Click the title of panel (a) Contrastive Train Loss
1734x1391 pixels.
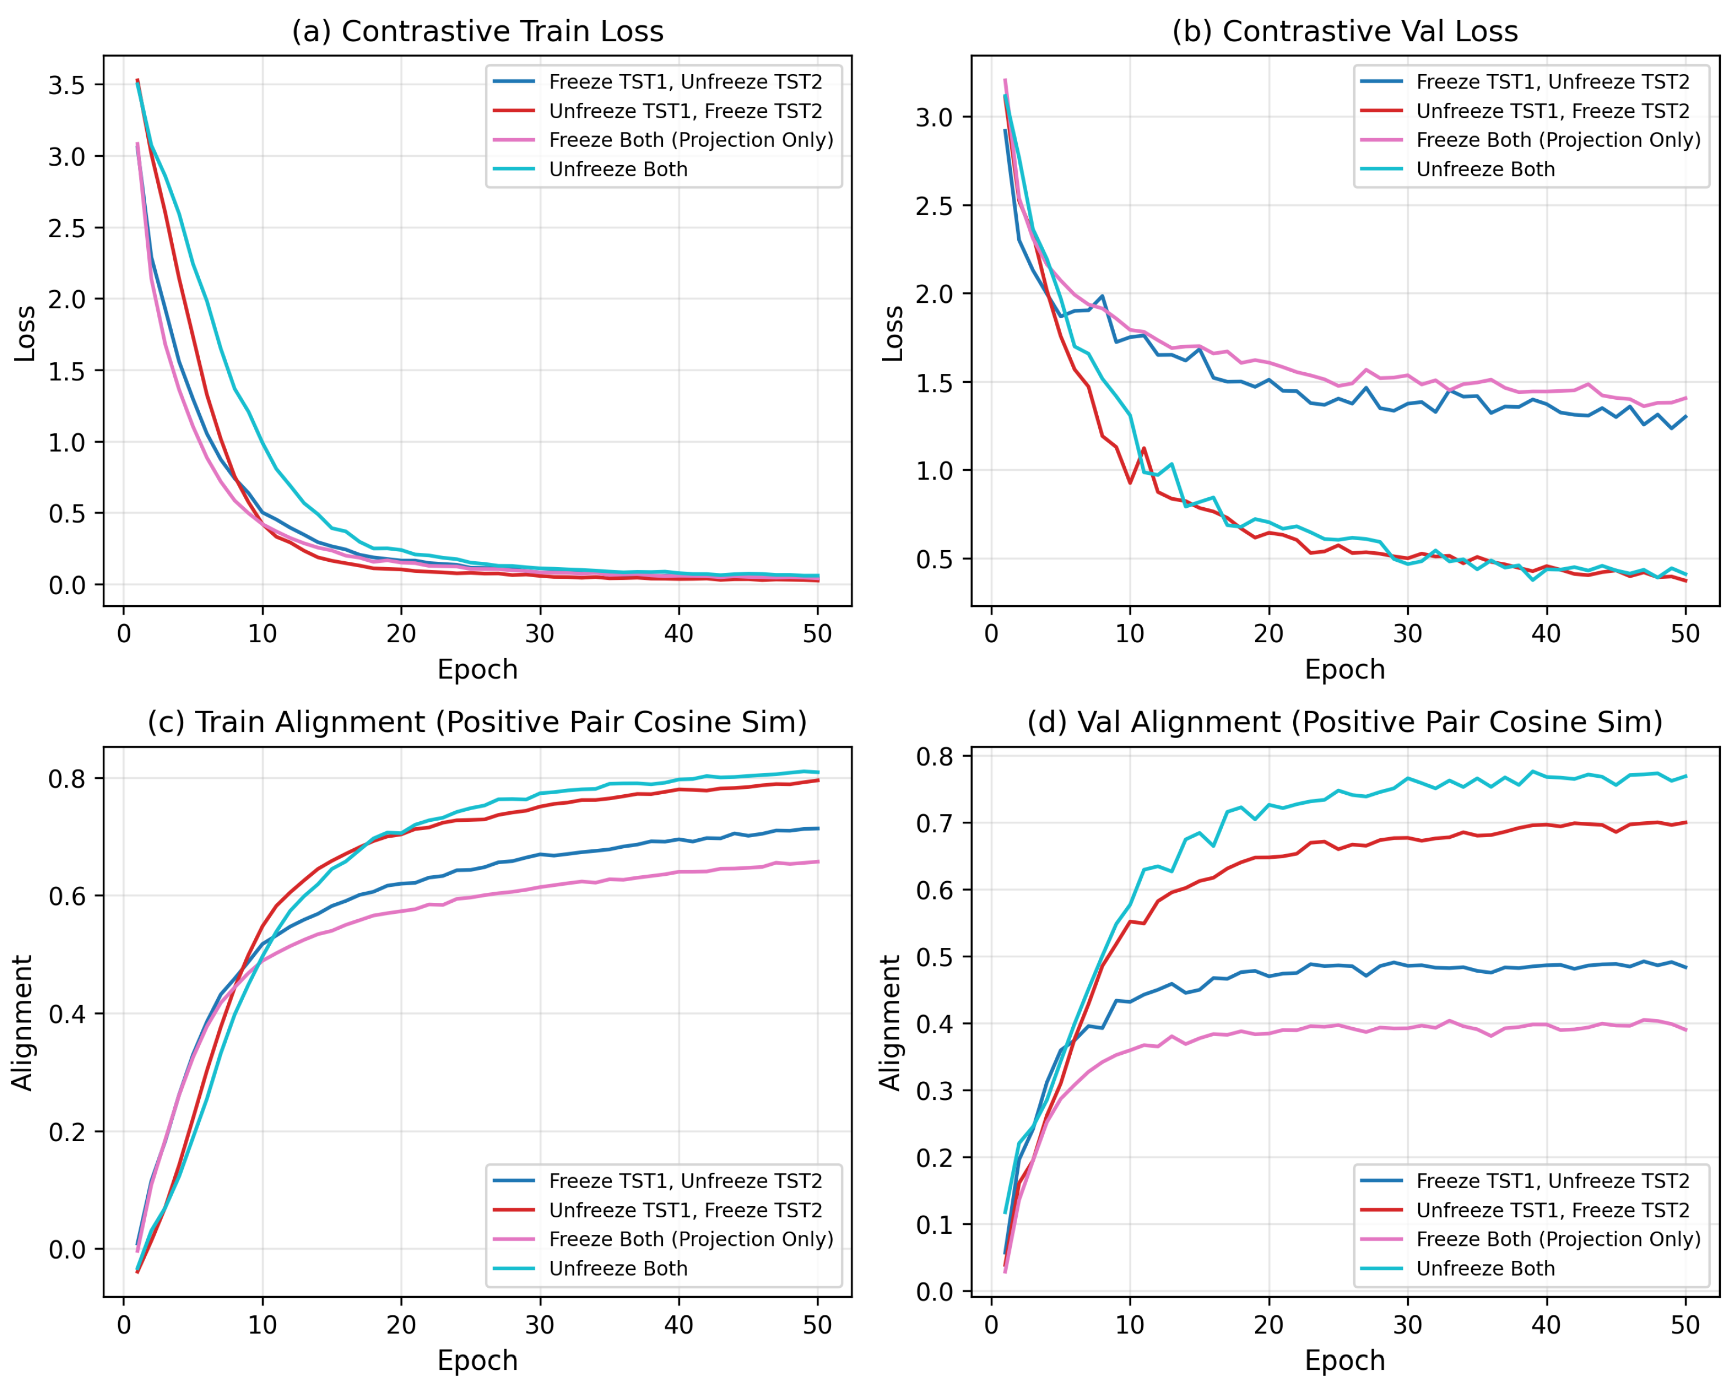click(x=478, y=31)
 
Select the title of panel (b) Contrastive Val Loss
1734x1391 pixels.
click(x=1345, y=31)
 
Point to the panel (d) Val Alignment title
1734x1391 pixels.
click(x=1345, y=722)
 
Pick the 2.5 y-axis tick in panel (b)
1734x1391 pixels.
click(x=934, y=206)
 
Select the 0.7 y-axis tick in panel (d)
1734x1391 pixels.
click(x=934, y=823)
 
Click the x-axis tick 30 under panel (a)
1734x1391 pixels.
click(x=540, y=634)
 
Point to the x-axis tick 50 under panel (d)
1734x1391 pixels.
click(x=1685, y=1325)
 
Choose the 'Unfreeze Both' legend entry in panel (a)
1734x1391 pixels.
click(x=618, y=169)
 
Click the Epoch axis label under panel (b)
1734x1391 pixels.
click(x=1345, y=670)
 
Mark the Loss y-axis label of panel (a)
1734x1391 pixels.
click(x=25, y=334)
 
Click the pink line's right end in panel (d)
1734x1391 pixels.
click(x=1686, y=1030)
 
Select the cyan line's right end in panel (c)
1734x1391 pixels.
click(x=818, y=773)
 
